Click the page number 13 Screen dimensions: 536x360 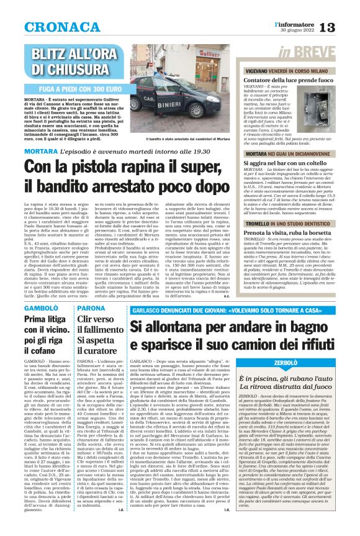346,25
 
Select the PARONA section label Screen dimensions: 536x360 91,308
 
